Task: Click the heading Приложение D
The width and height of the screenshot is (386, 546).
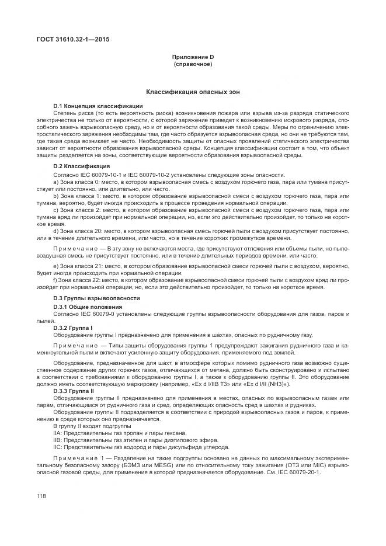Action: [193, 57]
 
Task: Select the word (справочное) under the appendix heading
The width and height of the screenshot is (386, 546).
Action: [193, 64]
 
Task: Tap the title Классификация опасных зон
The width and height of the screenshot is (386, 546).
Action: [193, 92]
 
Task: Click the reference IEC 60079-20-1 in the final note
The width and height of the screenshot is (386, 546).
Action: [301, 472]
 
